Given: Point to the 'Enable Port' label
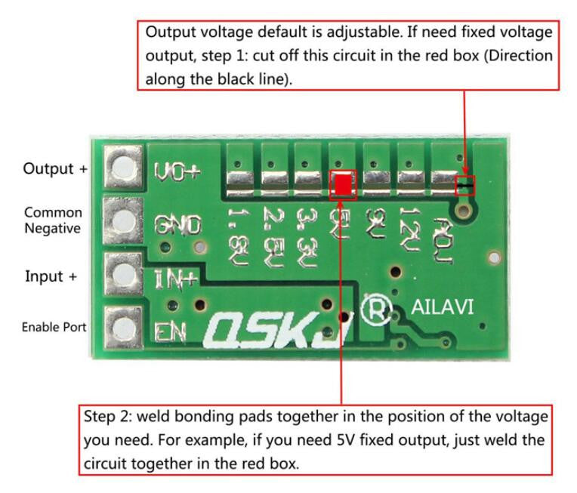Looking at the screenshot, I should (x=53, y=327).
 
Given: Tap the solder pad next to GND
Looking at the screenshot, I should (x=122, y=220).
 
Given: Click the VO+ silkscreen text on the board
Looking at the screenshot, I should (x=177, y=172).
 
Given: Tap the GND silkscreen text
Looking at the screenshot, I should (x=177, y=224).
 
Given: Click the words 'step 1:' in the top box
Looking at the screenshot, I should (x=268, y=56).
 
